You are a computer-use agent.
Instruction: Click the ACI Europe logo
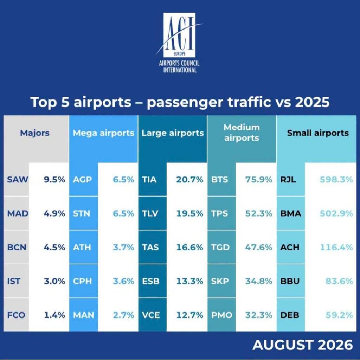[179, 43]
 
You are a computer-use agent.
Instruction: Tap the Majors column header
[35, 133]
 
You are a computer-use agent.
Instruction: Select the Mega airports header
[104, 133]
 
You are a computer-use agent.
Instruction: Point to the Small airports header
[318, 133]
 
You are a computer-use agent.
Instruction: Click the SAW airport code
[18, 180]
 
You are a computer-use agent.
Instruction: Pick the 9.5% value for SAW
[54, 180]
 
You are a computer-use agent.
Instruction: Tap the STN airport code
[82, 213]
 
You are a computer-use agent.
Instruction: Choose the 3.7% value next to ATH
[123, 247]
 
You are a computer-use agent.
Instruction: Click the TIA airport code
[149, 180]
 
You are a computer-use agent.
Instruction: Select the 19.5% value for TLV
[189, 213]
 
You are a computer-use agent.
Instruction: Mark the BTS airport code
[219, 180]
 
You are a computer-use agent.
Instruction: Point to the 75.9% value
[259, 180]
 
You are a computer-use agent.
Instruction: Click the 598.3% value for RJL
[336, 180]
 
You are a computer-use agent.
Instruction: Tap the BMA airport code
[291, 213]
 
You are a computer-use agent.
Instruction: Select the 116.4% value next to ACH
[336, 247]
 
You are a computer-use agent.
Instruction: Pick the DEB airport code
[290, 315]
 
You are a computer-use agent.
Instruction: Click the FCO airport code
[16, 315]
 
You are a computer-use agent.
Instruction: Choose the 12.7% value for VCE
[189, 315]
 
